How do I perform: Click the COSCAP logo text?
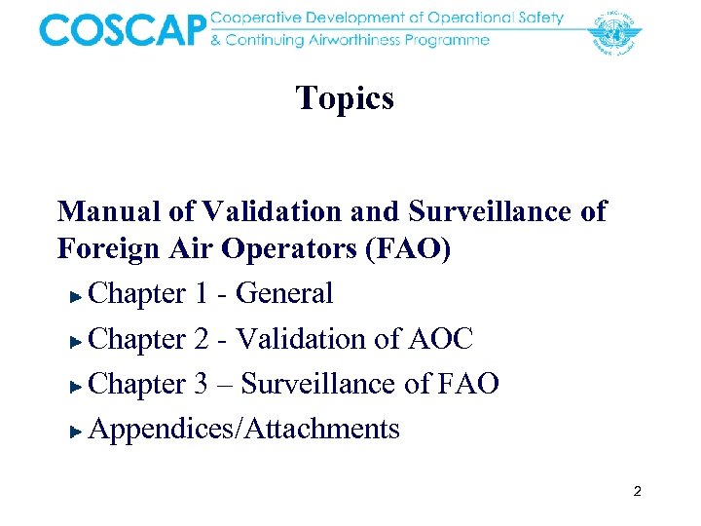point(123,30)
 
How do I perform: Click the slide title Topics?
point(345,97)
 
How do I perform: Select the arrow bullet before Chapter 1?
point(78,295)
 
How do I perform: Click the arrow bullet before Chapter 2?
point(78,341)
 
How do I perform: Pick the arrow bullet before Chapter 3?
point(78,386)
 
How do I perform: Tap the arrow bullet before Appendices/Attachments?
point(78,431)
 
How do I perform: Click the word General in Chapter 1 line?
point(284,293)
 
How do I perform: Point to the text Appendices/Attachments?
point(243,429)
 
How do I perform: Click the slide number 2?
point(637,492)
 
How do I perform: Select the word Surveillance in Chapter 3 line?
point(319,384)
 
